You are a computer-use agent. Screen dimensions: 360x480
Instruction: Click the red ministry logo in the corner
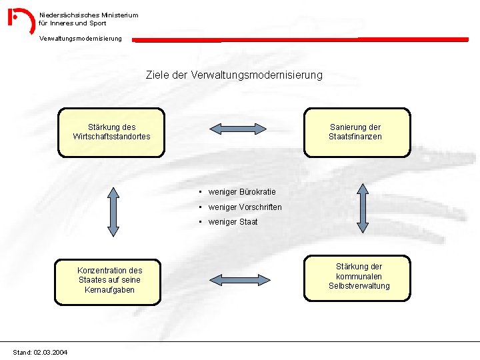point(21,21)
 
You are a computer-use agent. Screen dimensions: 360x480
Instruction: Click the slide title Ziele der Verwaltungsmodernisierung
point(234,75)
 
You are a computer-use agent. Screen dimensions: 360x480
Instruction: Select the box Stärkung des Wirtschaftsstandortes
point(111,132)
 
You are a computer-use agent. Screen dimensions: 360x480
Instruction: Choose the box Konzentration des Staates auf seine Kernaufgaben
point(109,281)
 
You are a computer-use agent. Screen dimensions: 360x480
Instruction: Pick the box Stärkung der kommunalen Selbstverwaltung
point(359,277)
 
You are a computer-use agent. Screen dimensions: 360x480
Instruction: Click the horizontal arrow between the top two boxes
point(238,129)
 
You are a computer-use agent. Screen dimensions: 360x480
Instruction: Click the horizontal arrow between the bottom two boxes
point(240,280)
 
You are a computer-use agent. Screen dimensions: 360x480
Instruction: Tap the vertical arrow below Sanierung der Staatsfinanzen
point(363,208)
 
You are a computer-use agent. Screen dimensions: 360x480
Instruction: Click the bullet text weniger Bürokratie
point(241,192)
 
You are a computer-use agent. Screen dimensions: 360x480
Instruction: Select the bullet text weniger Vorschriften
point(245,207)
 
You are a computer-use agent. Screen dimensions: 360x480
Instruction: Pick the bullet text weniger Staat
point(233,222)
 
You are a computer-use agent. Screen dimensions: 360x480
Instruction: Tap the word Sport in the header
point(97,23)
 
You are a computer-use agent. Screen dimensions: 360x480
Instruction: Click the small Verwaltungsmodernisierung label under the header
point(81,39)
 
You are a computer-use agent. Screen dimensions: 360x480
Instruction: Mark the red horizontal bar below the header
point(300,39)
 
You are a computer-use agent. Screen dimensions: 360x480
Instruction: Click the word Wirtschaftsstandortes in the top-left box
point(111,137)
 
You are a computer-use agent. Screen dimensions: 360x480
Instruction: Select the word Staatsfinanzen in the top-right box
point(355,137)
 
